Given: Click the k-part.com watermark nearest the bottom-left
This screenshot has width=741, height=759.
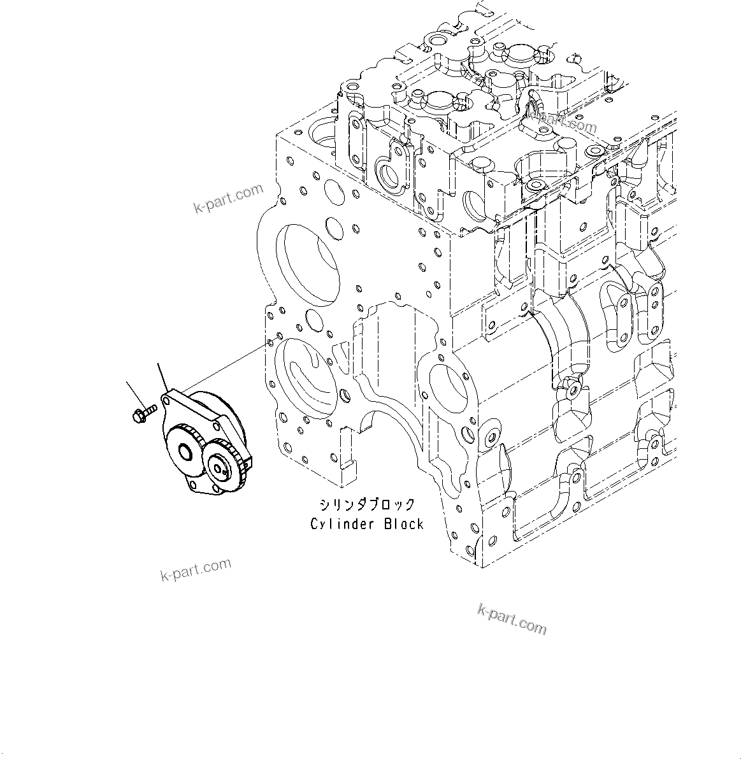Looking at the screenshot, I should (196, 569).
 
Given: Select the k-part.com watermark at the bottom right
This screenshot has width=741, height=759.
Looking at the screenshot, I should (512, 620).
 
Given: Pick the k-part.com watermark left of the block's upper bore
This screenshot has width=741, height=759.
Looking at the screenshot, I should (229, 198).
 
